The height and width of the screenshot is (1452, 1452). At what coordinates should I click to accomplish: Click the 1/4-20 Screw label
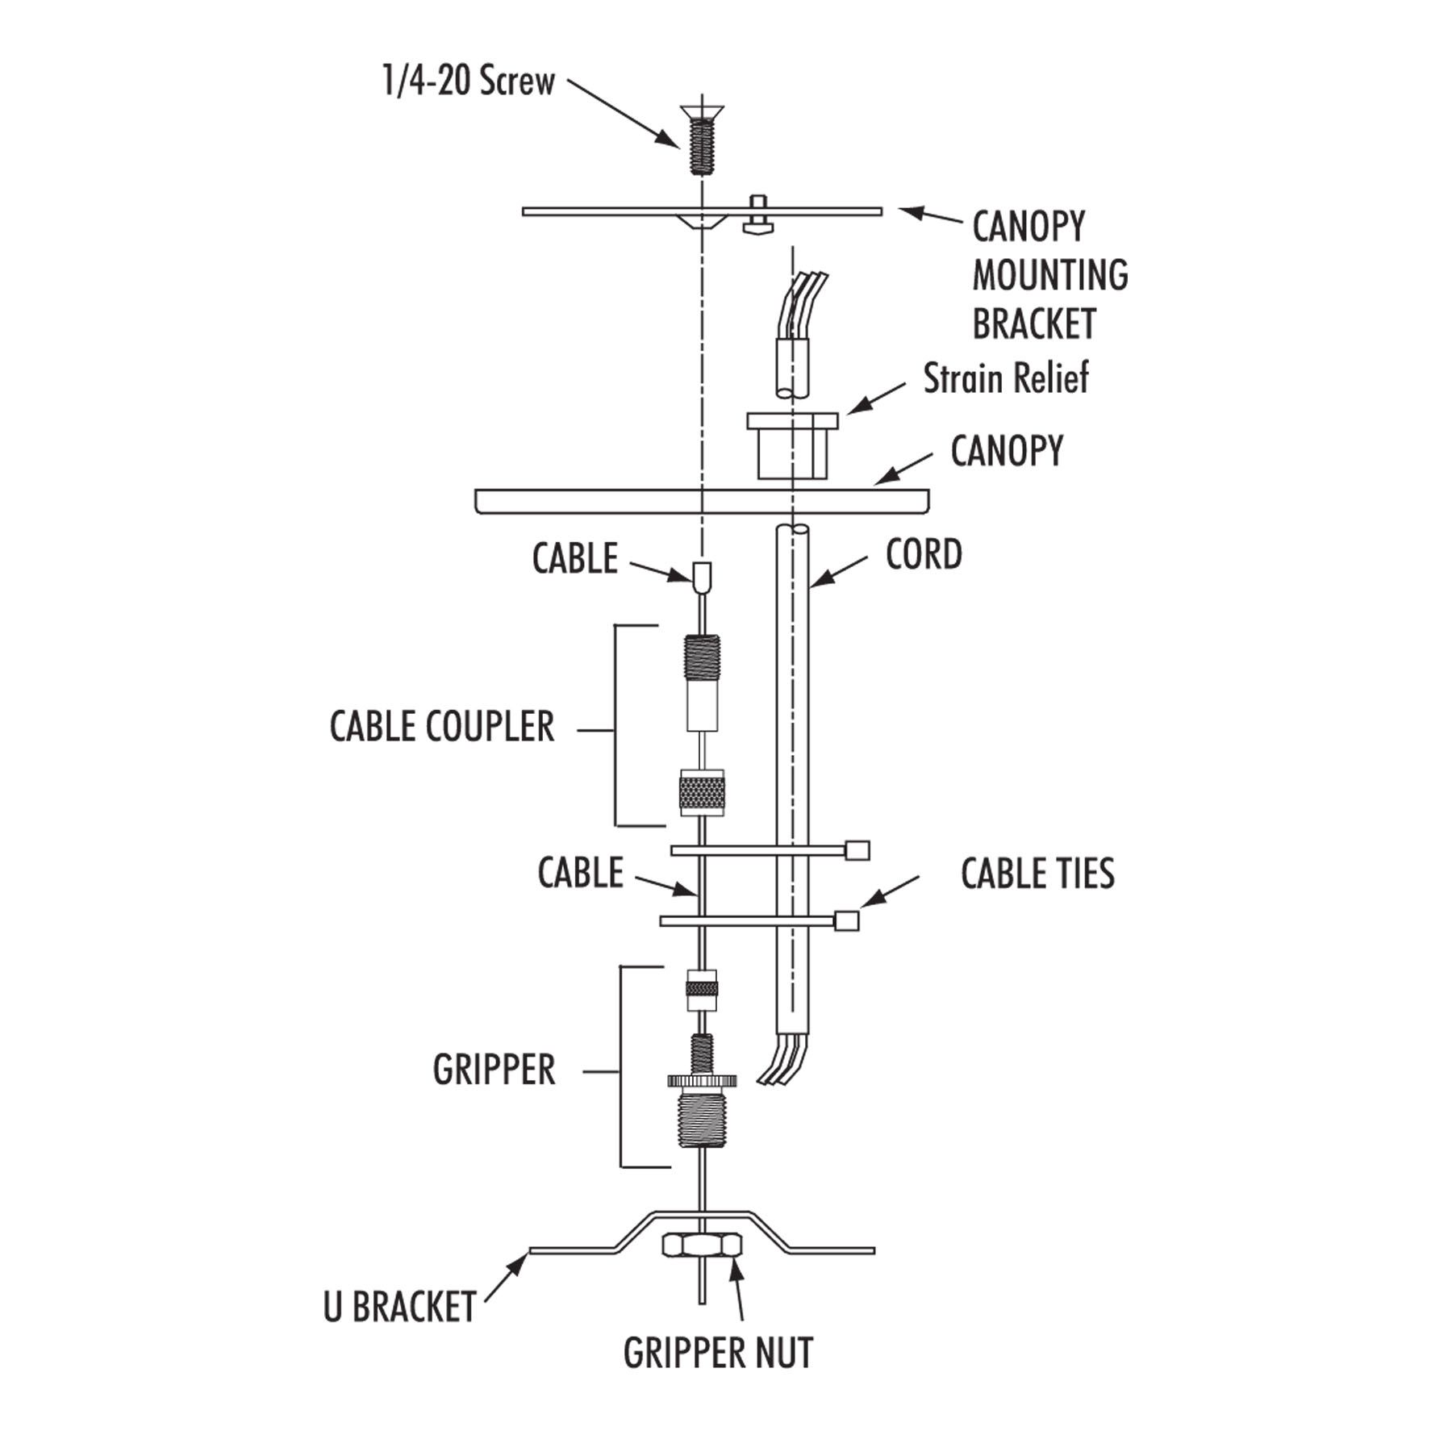click(468, 81)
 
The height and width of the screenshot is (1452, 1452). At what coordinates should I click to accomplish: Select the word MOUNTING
click(1049, 275)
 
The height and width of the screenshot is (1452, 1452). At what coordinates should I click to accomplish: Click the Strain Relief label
click(1005, 378)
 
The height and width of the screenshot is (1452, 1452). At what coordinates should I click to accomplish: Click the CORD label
click(924, 555)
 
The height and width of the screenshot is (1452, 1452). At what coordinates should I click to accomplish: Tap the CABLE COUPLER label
click(442, 727)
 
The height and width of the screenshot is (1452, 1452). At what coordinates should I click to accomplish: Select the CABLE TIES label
click(1037, 874)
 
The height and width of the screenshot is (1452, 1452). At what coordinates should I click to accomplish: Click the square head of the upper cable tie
click(857, 850)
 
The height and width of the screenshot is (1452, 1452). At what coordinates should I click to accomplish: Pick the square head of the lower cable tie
click(846, 920)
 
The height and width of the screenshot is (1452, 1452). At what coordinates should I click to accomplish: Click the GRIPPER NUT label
click(718, 1353)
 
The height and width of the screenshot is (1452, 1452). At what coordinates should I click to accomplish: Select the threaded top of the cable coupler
click(702, 658)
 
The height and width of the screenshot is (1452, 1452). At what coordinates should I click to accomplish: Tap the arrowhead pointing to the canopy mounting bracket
click(910, 212)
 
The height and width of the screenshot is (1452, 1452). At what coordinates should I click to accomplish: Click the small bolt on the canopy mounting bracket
click(757, 215)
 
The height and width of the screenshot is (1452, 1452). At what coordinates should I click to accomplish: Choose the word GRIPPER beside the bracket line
click(494, 1070)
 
